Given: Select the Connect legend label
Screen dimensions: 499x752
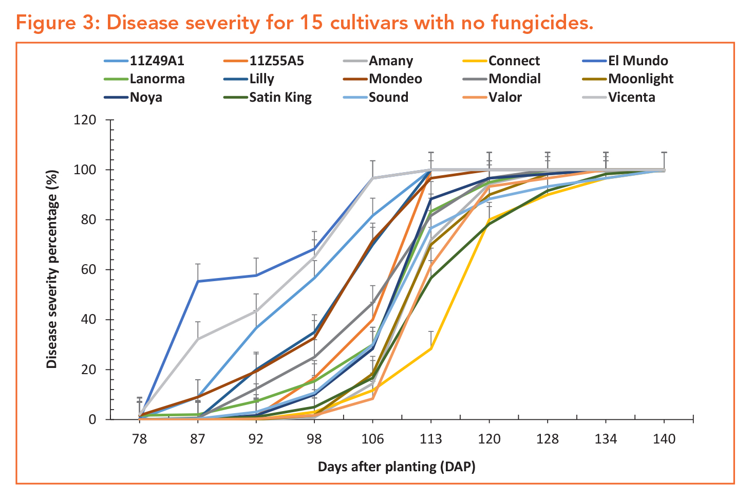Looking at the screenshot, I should [x=514, y=61].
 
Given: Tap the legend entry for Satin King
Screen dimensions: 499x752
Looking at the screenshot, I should [x=280, y=98].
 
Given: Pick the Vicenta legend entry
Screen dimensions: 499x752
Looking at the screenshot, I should [x=631, y=98].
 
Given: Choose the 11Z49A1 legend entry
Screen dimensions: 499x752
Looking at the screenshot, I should [x=157, y=61].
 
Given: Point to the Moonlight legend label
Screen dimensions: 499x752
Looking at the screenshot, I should [x=641, y=79].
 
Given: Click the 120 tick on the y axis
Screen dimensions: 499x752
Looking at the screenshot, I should [x=85, y=120].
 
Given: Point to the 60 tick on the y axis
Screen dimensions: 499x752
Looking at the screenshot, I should [x=89, y=270].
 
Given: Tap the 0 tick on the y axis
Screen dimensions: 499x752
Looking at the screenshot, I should [x=92, y=420].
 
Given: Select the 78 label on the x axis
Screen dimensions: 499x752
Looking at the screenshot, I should [x=139, y=439].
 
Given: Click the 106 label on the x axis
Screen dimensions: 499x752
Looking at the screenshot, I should [x=372, y=439].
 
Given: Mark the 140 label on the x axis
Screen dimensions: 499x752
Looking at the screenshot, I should [x=664, y=439].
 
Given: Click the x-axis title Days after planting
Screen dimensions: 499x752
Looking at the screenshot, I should [x=396, y=467].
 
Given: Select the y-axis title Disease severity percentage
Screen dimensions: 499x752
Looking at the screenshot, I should [x=51, y=269].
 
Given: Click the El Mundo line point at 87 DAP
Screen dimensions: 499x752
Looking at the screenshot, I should [x=198, y=281].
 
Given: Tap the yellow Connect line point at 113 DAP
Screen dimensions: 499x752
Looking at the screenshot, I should [x=431, y=348].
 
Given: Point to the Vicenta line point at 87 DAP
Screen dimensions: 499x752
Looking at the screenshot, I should [x=198, y=339].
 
